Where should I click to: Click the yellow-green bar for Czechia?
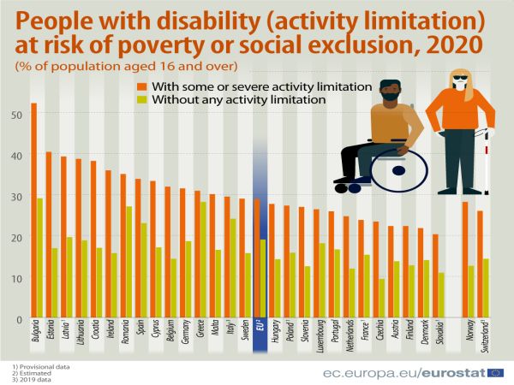pyautogui.click(x=381, y=299)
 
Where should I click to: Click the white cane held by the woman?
pyautogui.click(x=487, y=163)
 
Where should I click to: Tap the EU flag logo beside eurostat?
pyautogui.click(x=494, y=372)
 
